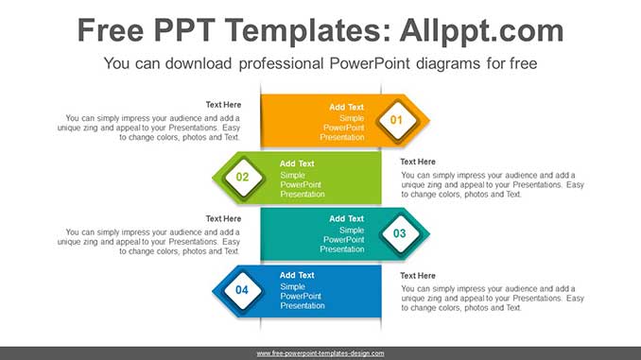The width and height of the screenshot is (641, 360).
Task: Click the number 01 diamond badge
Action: click(396, 120)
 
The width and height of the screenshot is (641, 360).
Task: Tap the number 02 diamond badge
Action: click(242, 177)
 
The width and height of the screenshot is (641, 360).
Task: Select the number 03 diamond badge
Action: click(399, 233)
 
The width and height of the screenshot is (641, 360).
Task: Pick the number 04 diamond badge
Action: click(242, 290)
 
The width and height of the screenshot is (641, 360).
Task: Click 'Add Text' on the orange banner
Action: click(346, 107)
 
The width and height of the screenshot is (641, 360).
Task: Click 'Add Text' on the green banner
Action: click(297, 163)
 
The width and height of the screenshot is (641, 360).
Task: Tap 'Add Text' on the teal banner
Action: click(346, 219)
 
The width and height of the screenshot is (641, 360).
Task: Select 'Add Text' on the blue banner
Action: click(297, 275)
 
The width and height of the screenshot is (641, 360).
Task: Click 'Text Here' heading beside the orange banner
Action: click(223, 105)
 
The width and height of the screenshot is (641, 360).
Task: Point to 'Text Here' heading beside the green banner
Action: click(418, 162)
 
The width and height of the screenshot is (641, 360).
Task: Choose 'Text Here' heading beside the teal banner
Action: click(223, 218)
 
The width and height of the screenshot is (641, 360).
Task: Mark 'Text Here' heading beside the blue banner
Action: click(418, 275)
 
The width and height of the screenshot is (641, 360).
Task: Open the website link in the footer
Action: click(320, 353)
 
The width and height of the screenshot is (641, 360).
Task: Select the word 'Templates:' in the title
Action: click(300, 30)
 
